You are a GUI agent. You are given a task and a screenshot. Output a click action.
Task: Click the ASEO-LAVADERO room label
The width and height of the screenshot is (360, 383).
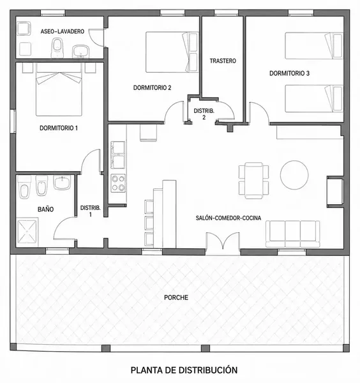click(63, 31)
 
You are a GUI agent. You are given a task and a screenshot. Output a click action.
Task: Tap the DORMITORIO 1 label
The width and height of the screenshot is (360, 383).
click(59, 128)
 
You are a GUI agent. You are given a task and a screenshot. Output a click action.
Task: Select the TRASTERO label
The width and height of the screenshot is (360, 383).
click(223, 61)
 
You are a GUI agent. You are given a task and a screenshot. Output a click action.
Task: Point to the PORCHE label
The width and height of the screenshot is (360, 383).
click(176, 297)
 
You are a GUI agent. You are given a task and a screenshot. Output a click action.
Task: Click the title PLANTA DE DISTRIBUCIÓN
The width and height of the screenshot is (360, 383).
click(184, 370)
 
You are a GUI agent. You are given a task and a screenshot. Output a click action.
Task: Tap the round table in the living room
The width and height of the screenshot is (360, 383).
click(294, 175)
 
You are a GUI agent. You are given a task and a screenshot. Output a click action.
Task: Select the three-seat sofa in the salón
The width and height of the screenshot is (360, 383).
click(292, 234)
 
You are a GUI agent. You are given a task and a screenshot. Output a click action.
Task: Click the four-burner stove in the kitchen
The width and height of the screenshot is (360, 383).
click(118, 183)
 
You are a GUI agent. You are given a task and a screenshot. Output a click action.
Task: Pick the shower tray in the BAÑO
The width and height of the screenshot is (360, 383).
click(27, 232)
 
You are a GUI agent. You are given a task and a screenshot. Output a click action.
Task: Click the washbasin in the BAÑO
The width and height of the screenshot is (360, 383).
click(62, 183)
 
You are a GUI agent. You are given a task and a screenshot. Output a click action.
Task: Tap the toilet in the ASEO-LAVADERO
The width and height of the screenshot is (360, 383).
click(57, 48)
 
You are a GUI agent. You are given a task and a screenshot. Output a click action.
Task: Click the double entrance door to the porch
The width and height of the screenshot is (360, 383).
click(223, 241)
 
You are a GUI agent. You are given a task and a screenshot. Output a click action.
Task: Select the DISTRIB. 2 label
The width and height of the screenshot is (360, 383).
click(204, 114)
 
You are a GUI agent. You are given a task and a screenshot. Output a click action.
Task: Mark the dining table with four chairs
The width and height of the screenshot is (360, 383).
click(254, 180)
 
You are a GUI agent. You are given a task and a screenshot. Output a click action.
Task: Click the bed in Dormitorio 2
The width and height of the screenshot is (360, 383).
click(172, 52)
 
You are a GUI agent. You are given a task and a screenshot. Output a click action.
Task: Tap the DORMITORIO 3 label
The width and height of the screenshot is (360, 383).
click(289, 73)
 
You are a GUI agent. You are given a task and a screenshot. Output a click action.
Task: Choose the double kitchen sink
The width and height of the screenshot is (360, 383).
click(118, 155)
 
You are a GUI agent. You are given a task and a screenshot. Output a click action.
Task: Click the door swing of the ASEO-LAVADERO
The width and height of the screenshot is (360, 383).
click(96, 38)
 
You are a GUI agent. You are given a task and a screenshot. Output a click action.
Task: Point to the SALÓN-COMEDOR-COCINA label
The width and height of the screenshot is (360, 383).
click(229, 218)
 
